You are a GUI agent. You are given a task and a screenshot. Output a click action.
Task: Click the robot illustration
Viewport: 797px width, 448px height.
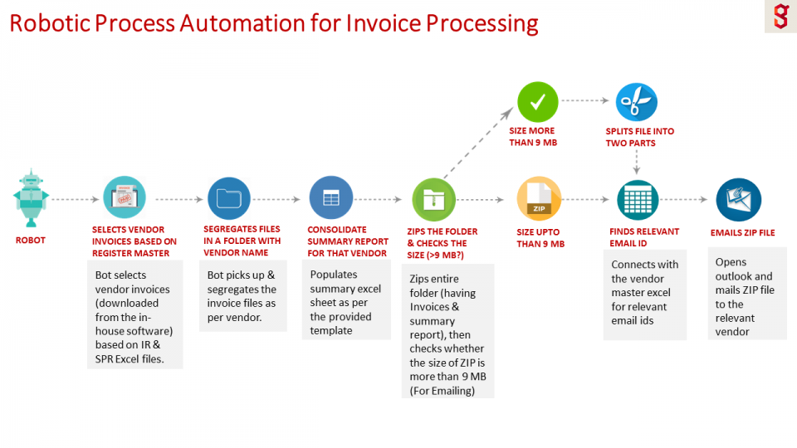click(31, 197)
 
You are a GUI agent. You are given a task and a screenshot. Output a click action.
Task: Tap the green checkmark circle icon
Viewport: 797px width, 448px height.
click(537, 102)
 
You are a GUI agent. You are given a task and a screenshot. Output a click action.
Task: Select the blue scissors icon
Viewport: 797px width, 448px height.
click(637, 102)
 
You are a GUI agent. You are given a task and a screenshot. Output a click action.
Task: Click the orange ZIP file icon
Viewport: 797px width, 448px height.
click(539, 198)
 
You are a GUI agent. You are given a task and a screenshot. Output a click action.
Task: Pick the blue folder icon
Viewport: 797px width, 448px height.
click(229, 198)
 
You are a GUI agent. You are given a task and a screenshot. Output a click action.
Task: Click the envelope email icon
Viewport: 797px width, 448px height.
click(739, 200)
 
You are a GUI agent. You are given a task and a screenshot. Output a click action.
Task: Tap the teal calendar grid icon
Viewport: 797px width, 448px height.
click(638, 200)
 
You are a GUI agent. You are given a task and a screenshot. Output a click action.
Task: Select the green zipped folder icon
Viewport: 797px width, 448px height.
click(433, 199)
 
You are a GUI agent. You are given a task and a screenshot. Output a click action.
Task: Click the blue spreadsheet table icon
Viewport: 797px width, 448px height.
click(331, 197)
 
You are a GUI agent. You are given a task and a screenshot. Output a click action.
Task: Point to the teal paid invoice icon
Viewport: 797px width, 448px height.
click(125, 197)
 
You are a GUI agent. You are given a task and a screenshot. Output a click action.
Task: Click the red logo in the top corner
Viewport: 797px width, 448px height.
click(780, 17)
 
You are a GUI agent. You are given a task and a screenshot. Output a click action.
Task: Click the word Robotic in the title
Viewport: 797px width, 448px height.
click(50, 23)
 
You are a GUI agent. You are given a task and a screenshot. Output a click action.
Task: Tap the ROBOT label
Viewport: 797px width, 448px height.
click(31, 241)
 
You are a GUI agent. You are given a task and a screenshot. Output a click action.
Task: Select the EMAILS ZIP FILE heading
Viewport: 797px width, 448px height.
click(742, 232)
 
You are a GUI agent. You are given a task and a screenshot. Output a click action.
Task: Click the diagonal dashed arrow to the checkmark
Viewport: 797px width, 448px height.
click(478, 143)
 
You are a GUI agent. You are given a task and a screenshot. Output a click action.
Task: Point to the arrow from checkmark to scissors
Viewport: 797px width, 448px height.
click(585, 100)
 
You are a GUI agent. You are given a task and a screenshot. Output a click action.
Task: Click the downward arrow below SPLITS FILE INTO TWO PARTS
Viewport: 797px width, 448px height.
click(637, 162)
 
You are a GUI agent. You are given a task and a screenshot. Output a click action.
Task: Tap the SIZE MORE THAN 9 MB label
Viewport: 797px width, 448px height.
click(533, 137)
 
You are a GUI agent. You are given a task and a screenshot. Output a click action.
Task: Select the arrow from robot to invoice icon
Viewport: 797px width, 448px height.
click(76, 199)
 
